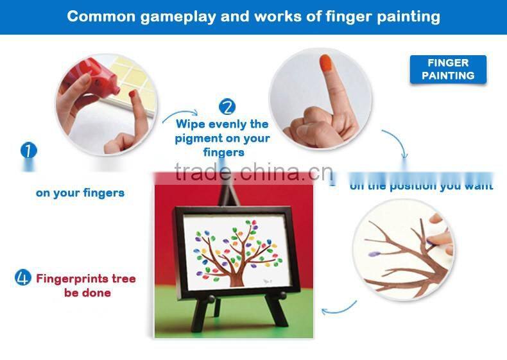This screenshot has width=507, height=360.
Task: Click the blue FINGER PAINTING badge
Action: tap(448, 69)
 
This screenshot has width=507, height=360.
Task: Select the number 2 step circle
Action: tap(227, 107)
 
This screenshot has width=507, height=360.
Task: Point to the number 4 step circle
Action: tap(23, 278)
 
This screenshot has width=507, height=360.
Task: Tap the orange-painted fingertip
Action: tap(325, 65)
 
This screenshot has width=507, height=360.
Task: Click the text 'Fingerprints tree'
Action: tap(85, 279)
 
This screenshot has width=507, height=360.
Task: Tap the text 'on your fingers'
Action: tap(80, 193)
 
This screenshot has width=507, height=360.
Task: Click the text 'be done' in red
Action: tap(87, 293)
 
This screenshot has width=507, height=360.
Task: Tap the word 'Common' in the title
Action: tap(97, 16)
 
